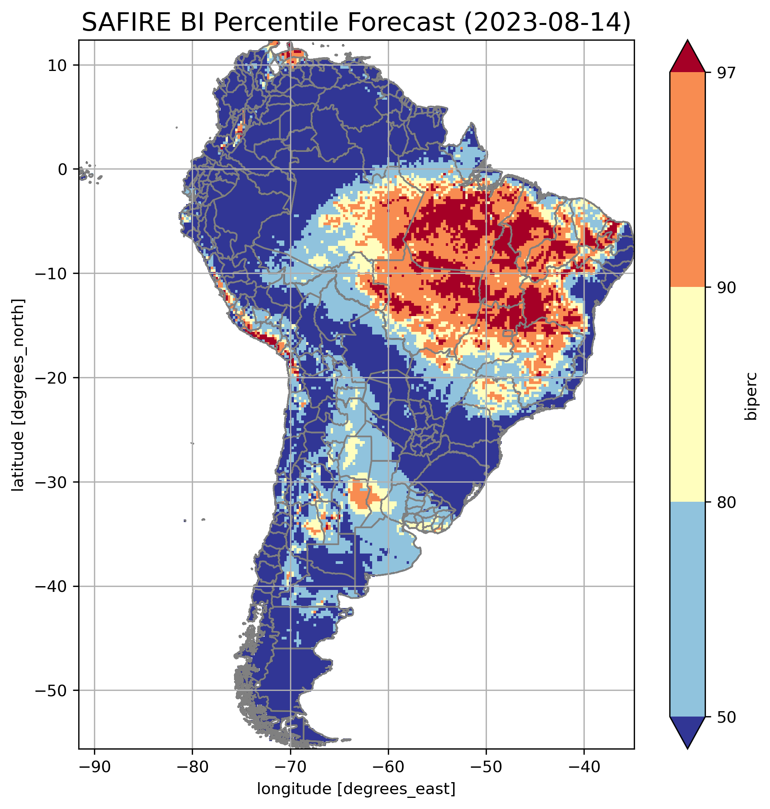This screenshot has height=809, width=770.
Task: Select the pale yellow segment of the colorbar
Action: [x=687, y=394]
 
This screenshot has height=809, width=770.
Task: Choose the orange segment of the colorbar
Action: [x=687, y=180]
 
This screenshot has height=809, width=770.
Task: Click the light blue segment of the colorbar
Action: [x=687, y=610]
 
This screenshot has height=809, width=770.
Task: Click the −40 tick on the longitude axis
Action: [x=584, y=766]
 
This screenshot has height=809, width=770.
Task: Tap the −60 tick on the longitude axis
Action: [x=388, y=766]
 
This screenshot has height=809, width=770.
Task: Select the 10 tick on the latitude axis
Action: [x=57, y=65]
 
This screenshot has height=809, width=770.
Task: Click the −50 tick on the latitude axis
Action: [x=51, y=691]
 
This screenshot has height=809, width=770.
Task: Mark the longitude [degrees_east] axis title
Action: [x=356, y=788]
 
